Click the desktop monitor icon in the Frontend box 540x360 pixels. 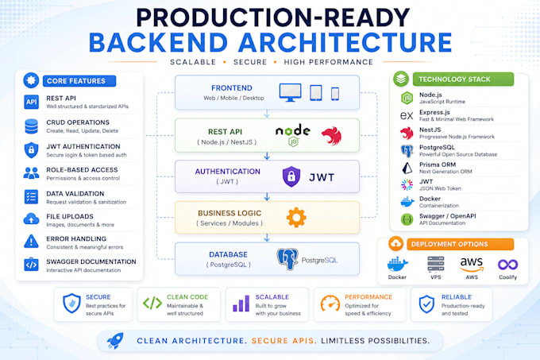click(x=290, y=92)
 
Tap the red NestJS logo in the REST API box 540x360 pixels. click(x=331, y=136)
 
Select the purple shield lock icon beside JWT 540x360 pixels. click(x=291, y=176)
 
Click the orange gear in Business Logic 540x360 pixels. click(x=296, y=218)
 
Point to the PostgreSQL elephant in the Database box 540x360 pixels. click(x=287, y=259)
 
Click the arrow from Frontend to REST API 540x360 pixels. click(x=267, y=114)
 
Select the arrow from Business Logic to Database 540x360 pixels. click(x=267, y=238)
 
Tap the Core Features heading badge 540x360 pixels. click(x=79, y=81)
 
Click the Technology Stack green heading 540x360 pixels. click(x=463, y=79)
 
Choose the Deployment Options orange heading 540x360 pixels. click(x=460, y=244)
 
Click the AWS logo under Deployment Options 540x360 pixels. click(x=472, y=264)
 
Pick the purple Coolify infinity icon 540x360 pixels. click(x=507, y=265)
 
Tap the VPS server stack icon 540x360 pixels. click(x=436, y=264)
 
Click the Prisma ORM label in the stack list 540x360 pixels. click(x=438, y=165)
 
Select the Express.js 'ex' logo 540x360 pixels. click(x=407, y=115)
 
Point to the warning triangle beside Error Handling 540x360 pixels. click(x=31, y=241)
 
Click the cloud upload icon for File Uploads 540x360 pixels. click(x=31, y=219)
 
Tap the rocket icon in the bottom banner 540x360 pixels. click(x=115, y=340)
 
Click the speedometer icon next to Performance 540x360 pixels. click(x=330, y=304)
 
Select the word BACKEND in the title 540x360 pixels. click(x=158, y=42)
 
